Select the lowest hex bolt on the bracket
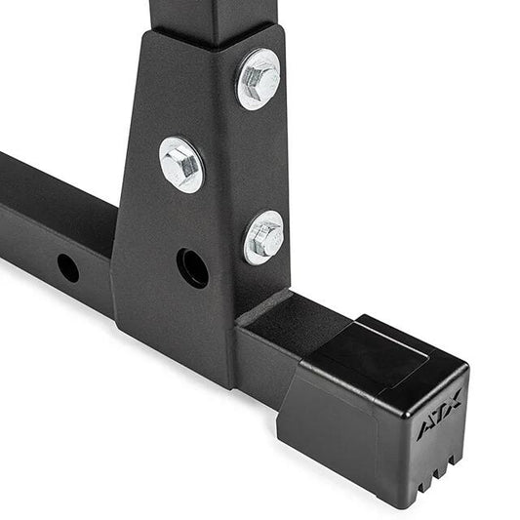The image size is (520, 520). tap(264, 237)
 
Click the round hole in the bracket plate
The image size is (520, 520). tap(192, 267)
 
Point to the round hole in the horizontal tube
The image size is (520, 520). tap(67, 267)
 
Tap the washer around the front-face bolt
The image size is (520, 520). tap(166, 176)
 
